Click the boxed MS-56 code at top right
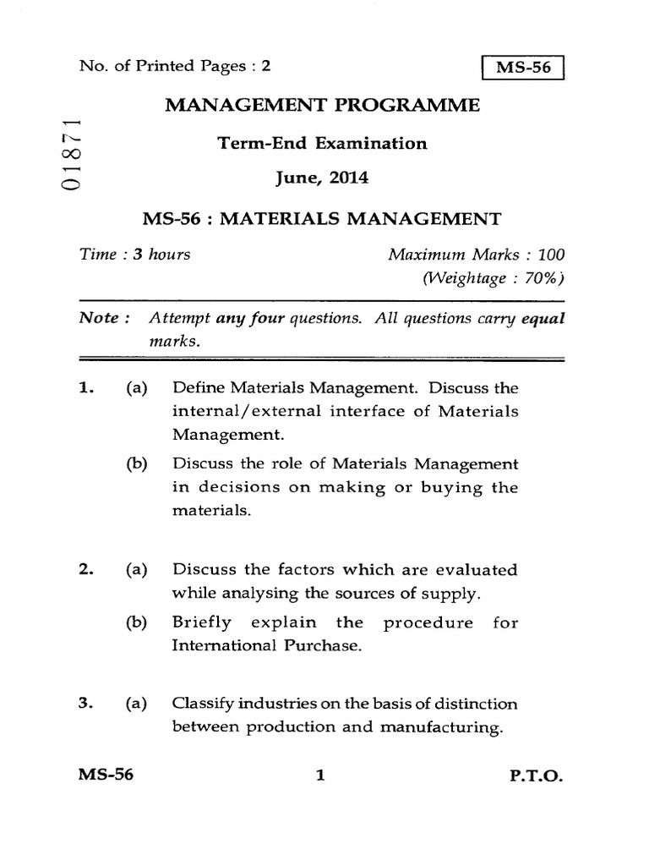click(x=522, y=68)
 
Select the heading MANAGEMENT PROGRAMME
click(x=322, y=106)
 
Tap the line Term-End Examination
click(x=322, y=143)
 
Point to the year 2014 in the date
click(x=347, y=179)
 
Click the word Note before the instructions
click(x=99, y=319)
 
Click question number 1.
click(x=84, y=388)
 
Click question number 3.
click(x=84, y=704)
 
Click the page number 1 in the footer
click(x=320, y=774)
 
